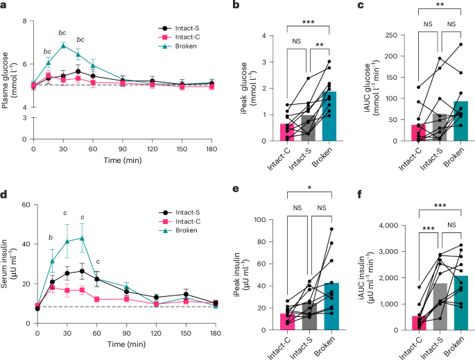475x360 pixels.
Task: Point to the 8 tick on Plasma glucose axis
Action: pyautogui.click(x=25, y=22)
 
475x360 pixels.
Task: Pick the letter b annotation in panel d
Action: pyautogui.click(x=50, y=238)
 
